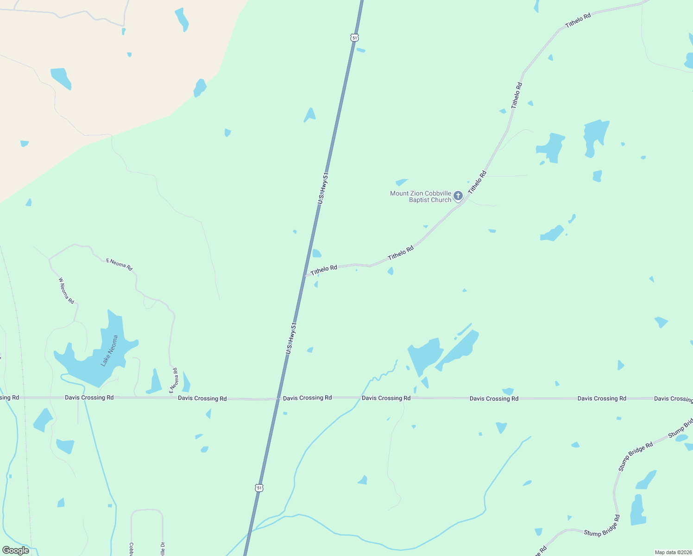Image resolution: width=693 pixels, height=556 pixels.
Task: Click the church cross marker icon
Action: click(458, 196)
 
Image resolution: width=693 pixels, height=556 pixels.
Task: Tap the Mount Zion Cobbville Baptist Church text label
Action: click(421, 196)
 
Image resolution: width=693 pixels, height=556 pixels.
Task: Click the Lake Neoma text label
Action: click(110, 351)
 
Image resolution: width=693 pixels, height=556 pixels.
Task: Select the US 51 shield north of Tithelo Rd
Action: click(354, 38)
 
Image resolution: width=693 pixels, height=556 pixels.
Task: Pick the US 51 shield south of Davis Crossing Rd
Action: click(259, 488)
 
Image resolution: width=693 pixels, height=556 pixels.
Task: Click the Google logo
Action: click(16, 550)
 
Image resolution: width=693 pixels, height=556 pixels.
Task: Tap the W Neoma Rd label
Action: click(66, 291)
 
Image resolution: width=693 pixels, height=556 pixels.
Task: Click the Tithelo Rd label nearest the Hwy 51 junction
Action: click(324, 270)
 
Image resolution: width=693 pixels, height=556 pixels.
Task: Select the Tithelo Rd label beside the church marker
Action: click(477, 182)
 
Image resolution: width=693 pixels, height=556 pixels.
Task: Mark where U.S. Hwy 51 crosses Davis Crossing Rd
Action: click(278, 398)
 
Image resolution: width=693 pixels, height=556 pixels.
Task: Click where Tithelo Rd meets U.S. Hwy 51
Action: click(305, 276)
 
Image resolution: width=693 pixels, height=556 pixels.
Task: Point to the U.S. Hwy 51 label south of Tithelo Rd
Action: click(291, 338)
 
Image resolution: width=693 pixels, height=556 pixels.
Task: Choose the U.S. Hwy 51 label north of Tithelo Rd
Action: click(323, 188)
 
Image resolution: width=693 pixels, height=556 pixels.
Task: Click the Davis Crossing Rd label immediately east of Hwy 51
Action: click(307, 398)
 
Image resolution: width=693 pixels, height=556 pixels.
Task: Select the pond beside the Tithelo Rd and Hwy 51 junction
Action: click(316, 253)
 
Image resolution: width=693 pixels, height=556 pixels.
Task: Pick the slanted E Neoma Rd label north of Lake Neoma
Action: click(120, 265)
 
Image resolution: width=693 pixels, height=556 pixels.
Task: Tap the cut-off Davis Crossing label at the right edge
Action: click(673, 398)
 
